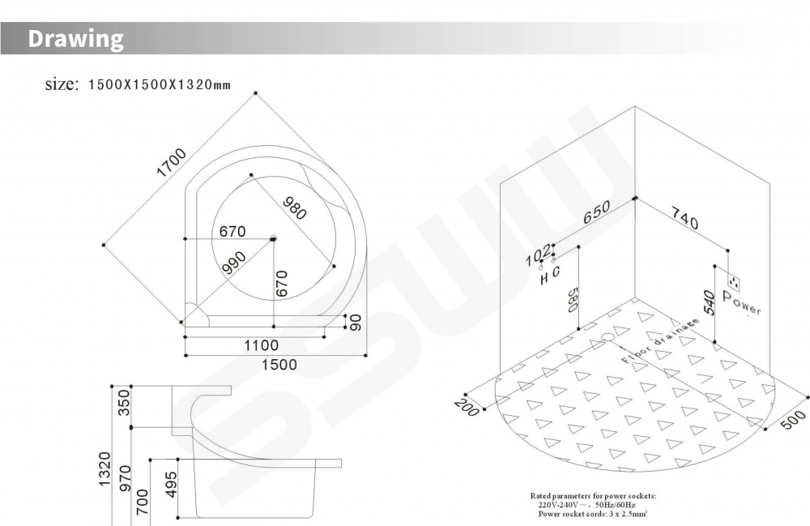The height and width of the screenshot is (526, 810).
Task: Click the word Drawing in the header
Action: [x=75, y=39]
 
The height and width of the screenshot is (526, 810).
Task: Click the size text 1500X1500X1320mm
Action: [x=159, y=85]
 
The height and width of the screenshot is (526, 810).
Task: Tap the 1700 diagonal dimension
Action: [x=171, y=162]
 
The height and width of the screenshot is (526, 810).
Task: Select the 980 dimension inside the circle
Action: [x=295, y=208]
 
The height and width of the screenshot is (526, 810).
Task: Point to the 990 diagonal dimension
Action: [x=234, y=263]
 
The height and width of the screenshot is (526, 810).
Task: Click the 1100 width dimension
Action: [x=262, y=345]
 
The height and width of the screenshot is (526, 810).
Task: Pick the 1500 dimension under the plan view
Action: [x=279, y=365]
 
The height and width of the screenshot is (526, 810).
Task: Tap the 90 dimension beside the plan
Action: [x=356, y=323]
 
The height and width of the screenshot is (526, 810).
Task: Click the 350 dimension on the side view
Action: [x=124, y=403]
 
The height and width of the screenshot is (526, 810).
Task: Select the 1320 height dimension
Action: [x=104, y=468]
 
